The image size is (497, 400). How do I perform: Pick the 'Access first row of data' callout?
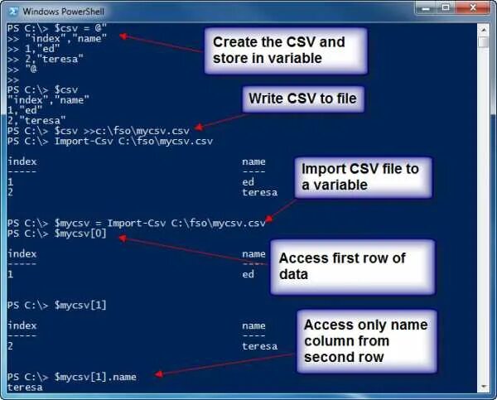click(351, 266)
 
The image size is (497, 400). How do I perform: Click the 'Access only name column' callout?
click(365, 340)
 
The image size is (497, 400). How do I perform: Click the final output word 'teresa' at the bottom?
click(25, 387)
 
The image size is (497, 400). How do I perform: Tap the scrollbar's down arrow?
click(484, 385)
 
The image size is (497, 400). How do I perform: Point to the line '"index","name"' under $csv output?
click(46, 99)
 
